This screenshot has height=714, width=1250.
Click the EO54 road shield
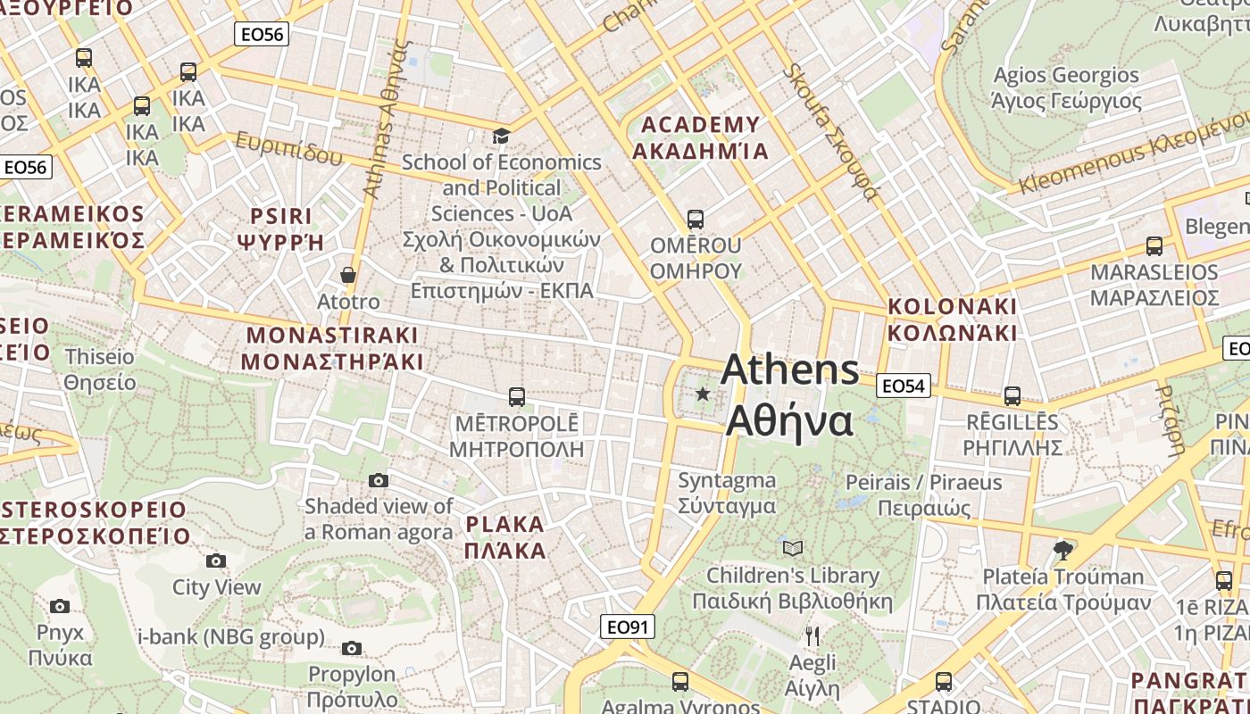[x=904, y=386]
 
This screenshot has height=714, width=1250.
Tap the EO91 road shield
[x=627, y=627]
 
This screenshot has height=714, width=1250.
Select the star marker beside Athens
[x=703, y=394]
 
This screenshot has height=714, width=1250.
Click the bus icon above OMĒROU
[x=695, y=219]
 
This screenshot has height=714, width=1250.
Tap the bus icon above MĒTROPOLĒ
[x=516, y=396]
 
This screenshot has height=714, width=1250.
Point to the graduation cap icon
[x=501, y=136]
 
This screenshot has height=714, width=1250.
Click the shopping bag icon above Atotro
[x=348, y=275]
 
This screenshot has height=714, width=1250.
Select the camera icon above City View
[x=216, y=560]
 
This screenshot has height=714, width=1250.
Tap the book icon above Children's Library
[x=792, y=548]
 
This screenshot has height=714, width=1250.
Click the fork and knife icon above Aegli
[x=812, y=635]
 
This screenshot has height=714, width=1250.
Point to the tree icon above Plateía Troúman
[x=1062, y=549]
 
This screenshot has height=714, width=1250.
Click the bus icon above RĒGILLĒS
[x=1012, y=395]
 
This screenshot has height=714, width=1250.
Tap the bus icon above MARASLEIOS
[x=1154, y=245]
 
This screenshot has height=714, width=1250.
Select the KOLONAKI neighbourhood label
[x=952, y=320]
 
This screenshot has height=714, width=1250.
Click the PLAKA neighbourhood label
[x=504, y=536]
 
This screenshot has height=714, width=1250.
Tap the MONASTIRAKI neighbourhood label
[x=331, y=348]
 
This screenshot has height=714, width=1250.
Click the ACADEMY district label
[x=700, y=137]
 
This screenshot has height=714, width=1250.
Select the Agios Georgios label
[x=1066, y=87]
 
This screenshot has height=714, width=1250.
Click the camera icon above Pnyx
[x=60, y=606]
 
